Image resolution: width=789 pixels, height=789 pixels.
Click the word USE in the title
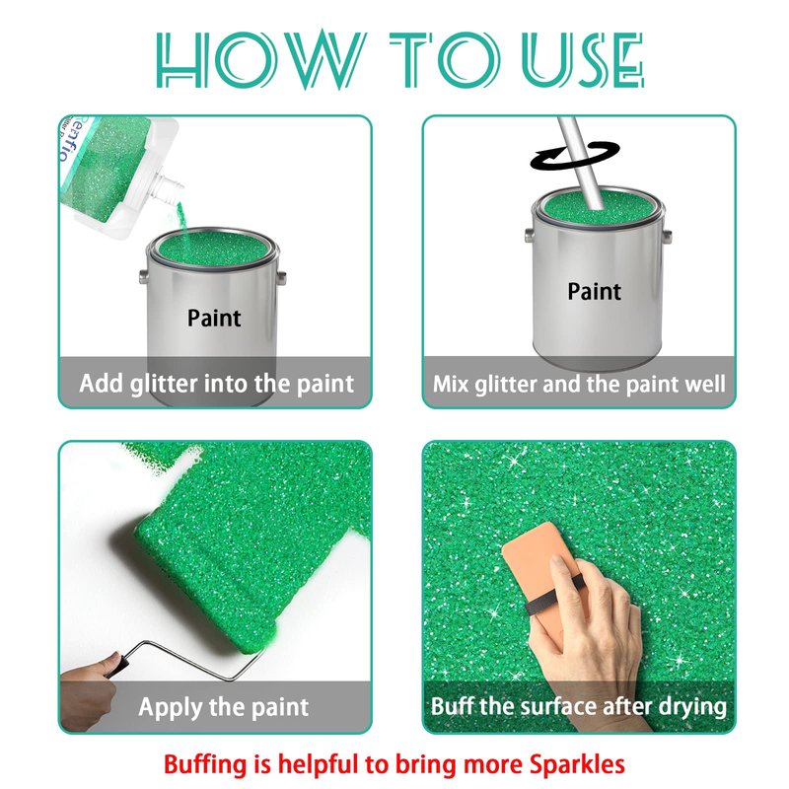tap(583, 59)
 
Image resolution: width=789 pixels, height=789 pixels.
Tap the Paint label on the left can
tap(214, 318)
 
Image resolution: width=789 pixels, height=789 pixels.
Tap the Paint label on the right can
tap(595, 292)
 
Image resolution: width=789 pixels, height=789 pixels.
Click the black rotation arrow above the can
tap(575, 155)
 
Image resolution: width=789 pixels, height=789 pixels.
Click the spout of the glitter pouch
tap(169, 188)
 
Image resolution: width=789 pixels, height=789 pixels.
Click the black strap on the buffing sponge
tap(553, 598)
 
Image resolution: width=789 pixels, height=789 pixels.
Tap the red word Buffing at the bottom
tap(207, 765)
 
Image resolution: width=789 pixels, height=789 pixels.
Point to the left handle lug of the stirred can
tap(529, 235)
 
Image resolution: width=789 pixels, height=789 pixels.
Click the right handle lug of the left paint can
tap(281, 277)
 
